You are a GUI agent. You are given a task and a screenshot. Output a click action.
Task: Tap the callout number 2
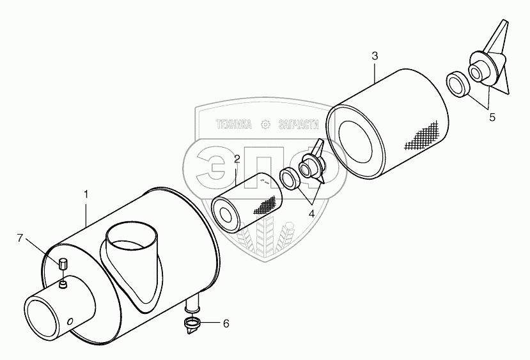click(237, 159)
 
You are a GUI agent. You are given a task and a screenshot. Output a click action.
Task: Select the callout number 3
click(375, 56)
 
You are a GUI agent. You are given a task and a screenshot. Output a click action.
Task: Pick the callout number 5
click(492, 117)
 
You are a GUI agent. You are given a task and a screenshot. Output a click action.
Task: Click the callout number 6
click(225, 324)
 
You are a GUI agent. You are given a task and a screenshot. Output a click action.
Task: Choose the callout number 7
click(20, 239)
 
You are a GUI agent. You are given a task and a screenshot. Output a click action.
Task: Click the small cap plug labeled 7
click(63, 262)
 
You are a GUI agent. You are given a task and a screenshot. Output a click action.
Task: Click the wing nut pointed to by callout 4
click(313, 166)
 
